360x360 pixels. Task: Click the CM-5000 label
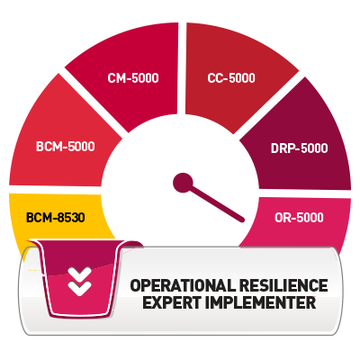pyautogui.click(x=133, y=78)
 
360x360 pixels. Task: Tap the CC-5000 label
pyautogui.click(x=231, y=78)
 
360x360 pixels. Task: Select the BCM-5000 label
pyautogui.click(x=66, y=147)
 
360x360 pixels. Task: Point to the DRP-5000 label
pyautogui.click(x=300, y=148)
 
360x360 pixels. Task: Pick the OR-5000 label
pyautogui.click(x=299, y=218)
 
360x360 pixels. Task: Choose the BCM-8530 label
pyautogui.click(x=56, y=218)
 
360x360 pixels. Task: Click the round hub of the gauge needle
pyautogui.click(x=183, y=183)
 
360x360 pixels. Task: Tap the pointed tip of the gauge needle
pyautogui.click(x=243, y=220)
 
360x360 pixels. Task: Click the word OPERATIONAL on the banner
pyautogui.click(x=183, y=285)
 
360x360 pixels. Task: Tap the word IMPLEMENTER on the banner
pyautogui.click(x=260, y=302)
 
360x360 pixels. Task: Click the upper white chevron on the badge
pyautogui.click(x=79, y=274)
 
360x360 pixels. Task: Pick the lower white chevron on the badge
pyautogui.click(x=79, y=288)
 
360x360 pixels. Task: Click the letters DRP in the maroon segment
pyautogui.click(x=282, y=148)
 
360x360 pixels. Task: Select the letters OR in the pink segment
pyautogui.click(x=283, y=218)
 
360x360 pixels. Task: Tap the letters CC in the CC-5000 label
pyautogui.click(x=215, y=78)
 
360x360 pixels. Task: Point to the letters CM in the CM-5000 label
pyautogui.click(x=116, y=78)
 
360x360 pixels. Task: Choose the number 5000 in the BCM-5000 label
pyautogui.click(x=79, y=147)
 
